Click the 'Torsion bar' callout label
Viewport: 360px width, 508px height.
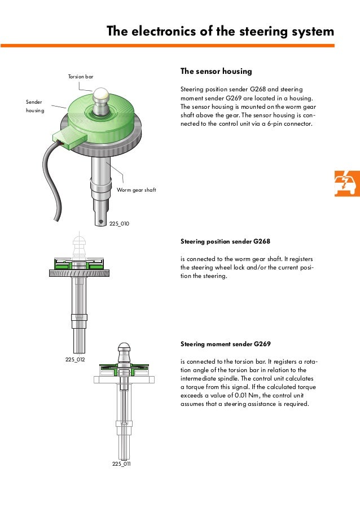click(x=81, y=77)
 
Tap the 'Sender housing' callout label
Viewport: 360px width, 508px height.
click(x=35, y=106)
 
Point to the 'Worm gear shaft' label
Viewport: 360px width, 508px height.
click(x=136, y=190)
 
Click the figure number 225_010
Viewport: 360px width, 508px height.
click(x=119, y=223)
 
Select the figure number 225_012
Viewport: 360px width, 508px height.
click(x=75, y=359)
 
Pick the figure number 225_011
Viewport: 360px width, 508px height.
click(x=121, y=463)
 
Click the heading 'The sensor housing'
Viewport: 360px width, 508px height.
click(x=216, y=71)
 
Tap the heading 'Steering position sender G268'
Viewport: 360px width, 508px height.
click(x=225, y=241)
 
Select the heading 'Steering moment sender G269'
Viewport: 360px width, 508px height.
click(x=225, y=344)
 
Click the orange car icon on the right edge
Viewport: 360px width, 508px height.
click(x=346, y=183)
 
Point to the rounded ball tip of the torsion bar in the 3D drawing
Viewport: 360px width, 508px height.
click(x=101, y=95)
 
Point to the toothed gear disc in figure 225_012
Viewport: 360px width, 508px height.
click(x=79, y=273)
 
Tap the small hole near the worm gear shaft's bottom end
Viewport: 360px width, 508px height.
click(x=101, y=222)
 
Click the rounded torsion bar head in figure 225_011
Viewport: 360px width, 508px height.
click(x=124, y=348)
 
